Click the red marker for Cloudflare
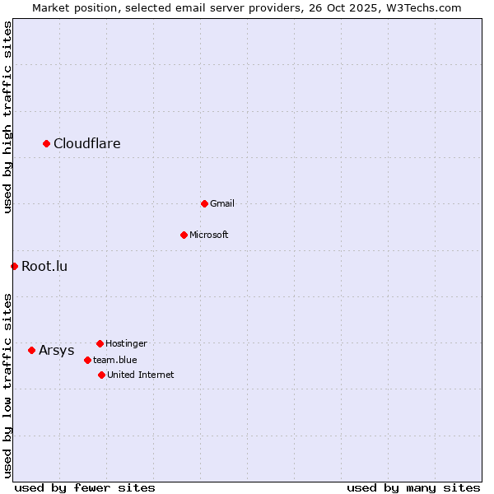(47, 144)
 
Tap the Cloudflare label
(87, 144)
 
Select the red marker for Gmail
(204, 203)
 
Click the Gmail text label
(222, 203)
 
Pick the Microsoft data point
(184, 235)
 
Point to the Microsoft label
(209, 235)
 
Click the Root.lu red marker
(14, 266)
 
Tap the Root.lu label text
(44, 266)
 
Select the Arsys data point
(31, 350)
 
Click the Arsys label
(57, 350)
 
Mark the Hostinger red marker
(100, 343)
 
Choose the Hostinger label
(126, 343)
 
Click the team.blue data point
(87, 360)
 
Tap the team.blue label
(115, 360)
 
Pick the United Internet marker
(101, 375)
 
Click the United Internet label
(141, 375)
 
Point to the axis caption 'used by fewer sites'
(85, 487)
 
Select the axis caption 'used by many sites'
(413, 487)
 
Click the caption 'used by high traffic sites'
(8, 117)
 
